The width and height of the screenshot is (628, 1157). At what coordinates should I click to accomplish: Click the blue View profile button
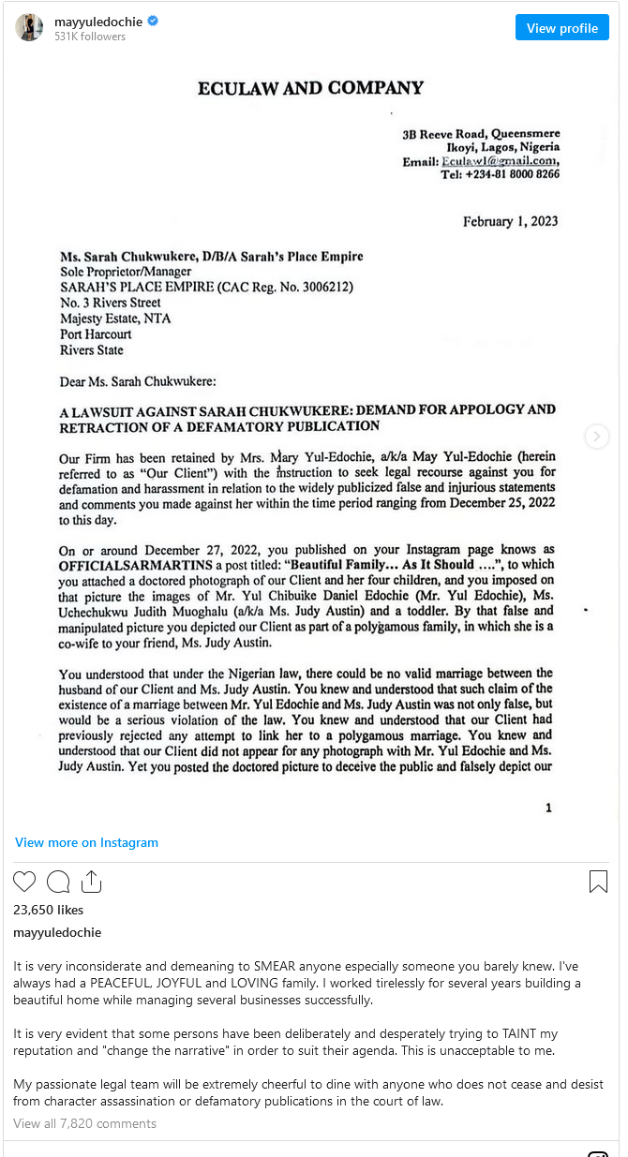click(x=561, y=28)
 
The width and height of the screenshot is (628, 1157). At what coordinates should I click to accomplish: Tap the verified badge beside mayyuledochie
click(x=153, y=20)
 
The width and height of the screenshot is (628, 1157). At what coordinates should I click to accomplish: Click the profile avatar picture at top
click(x=29, y=27)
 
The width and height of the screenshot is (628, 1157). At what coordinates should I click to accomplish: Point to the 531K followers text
click(x=90, y=37)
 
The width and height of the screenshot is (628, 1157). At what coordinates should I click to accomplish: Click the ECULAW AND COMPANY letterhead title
click(x=310, y=88)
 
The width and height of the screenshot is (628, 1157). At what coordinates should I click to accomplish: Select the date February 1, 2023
click(x=510, y=221)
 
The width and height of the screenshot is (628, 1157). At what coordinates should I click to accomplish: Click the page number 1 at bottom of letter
click(x=548, y=808)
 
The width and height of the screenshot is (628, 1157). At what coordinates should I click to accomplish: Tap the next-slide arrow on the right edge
click(x=596, y=437)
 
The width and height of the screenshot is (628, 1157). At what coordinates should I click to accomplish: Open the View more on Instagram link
click(x=86, y=842)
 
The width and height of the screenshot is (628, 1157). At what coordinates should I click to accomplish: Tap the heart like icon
click(x=24, y=882)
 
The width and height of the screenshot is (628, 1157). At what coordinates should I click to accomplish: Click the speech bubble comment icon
click(x=58, y=882)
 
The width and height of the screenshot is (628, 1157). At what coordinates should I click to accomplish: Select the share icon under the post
click(x=91, y=882)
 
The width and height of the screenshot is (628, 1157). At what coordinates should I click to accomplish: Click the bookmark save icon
click(x=598, y=882)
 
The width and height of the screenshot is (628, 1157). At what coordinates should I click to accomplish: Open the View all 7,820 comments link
click(x=84, y=1123)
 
